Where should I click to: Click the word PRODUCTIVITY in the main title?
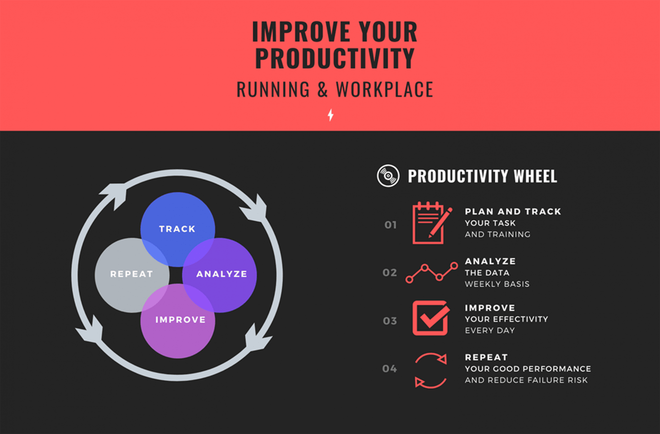click(x=335, y=58)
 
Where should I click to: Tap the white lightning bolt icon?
click(x=330, y=115)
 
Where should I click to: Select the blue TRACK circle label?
click(x=177, y=229)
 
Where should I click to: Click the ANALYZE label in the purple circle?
click(x=221, y=274)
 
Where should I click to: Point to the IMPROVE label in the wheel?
click(x=180, y=320)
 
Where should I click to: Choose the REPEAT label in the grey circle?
click(x=132, y=274)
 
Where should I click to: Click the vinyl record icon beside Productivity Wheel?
click(x=388, y=176)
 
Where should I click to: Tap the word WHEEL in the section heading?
click(x=535, y=176)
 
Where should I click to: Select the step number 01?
click(x=390, y=225)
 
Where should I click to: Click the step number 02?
click(x=390, y=273)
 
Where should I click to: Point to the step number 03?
click(x=390, y=321)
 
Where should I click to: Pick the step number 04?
click(x=390, y=368)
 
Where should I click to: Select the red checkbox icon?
click(x=431, y=318)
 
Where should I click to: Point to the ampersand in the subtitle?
click(x=323, y=89)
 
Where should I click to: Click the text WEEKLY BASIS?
click(x=497, y=284)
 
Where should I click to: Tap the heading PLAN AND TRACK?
click(x=513, y=212)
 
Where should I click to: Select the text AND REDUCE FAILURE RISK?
click(x=526, y=380)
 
